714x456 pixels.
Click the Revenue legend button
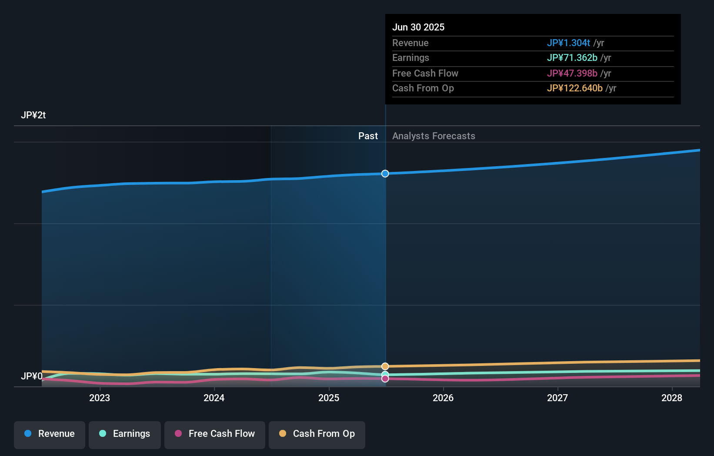(49, 434)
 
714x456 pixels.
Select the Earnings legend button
(124, 434)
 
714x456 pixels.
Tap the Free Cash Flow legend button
(214, 434)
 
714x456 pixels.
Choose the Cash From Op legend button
(317, 434)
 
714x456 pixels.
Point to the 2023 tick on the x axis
(100, 398)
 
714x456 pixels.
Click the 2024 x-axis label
(214, 398)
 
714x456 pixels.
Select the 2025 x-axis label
(329, 398)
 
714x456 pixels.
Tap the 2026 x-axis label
(443, 398)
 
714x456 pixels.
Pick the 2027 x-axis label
(557, 398)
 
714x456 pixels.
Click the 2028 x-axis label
(672, 398)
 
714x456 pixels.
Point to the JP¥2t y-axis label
(33, 115)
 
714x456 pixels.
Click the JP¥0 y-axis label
(31, 376)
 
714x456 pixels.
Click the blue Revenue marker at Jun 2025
(385, 174)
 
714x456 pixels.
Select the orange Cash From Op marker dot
(385, 366)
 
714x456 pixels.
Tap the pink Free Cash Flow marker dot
(385, 379)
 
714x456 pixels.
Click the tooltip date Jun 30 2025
(418, 27)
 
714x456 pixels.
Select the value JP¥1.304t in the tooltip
(568, 43)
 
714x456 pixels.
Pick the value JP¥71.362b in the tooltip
(572, 58)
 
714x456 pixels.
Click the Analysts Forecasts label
(434, 136)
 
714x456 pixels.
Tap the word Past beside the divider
(368, 136)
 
